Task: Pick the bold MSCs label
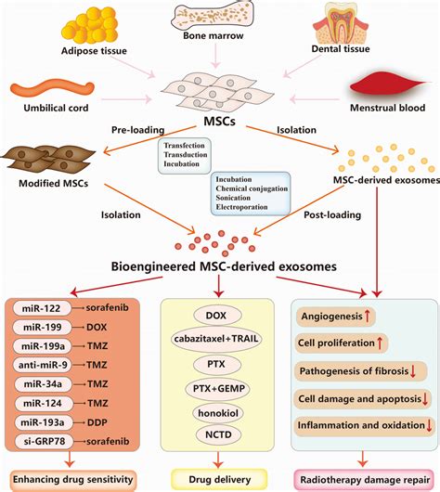point(216,124)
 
